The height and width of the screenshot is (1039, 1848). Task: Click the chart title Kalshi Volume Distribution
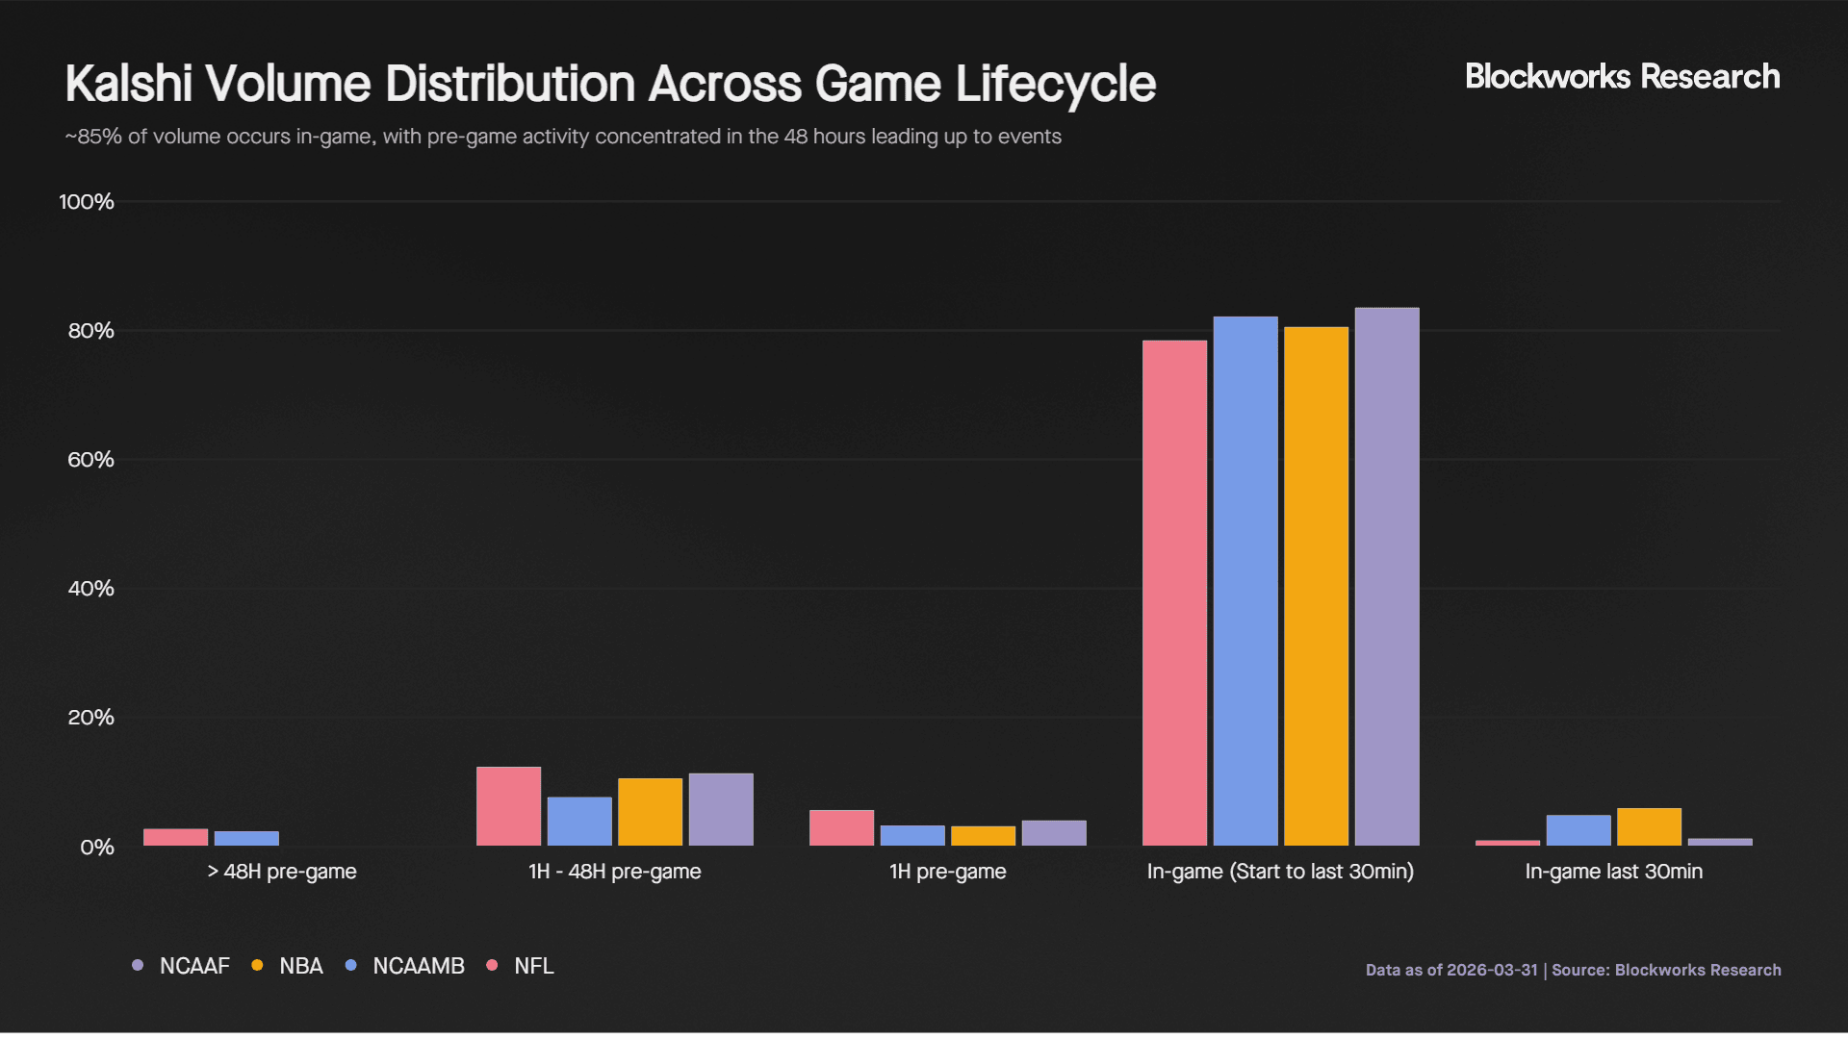coord(610,84)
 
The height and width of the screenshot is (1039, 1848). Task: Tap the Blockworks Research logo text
coord(1622,77)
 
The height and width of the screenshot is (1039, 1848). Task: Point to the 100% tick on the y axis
coord(87,202)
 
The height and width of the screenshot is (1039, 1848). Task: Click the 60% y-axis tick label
coord(90,460)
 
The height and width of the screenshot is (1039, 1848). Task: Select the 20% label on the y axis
coord(90,718)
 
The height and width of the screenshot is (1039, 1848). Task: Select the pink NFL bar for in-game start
coord(1174,593)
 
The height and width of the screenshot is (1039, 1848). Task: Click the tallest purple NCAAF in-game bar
coord(1387,577)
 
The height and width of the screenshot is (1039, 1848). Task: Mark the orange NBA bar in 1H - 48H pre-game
coord(650,812)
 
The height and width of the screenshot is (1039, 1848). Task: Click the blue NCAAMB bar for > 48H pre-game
coord(246,838)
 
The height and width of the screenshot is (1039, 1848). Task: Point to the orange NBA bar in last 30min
coord(1649,826)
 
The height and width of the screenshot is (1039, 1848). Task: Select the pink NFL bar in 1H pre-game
coord(841,827)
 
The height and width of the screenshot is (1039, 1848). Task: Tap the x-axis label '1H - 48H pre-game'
coord(614,872)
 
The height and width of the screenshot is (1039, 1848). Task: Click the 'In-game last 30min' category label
coord(1613,872)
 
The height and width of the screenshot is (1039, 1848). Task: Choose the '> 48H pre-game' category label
coord(281,872)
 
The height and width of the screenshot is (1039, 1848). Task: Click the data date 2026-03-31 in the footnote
coord(1492,970)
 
